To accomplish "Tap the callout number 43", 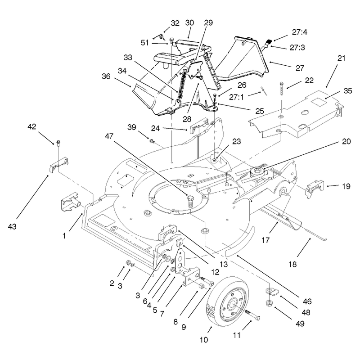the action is click(12, 227).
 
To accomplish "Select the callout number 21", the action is click(342, 58).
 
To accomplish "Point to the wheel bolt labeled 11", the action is click(252, 314).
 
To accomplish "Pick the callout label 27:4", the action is click(299, 32).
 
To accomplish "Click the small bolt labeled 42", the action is click(58, 143).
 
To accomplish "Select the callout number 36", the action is click(106, 76).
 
